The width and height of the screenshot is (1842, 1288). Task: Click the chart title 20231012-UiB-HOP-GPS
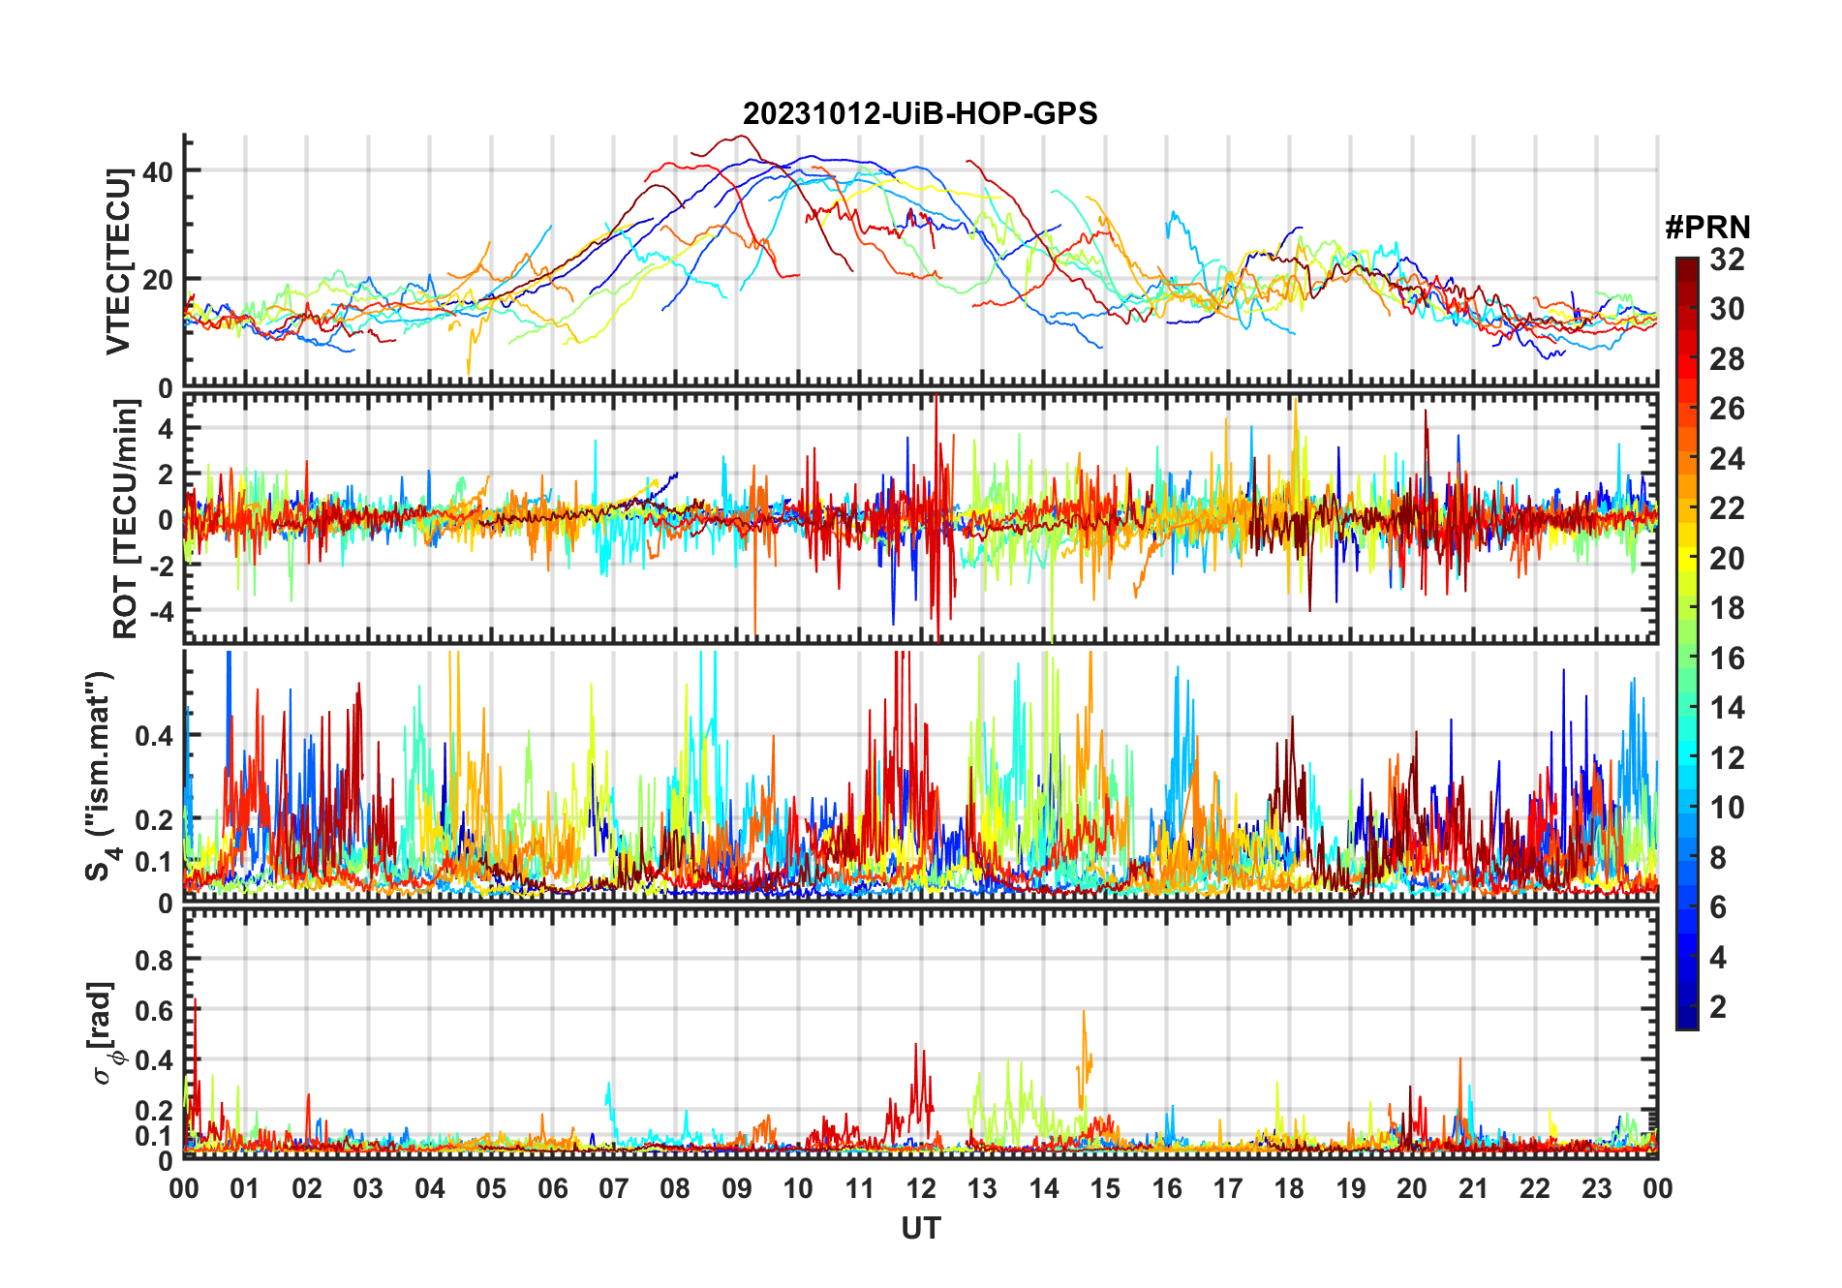920,113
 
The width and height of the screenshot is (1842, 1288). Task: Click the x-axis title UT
920,1228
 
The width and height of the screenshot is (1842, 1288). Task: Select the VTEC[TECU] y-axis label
118,261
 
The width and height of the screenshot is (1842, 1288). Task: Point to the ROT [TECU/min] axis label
125,519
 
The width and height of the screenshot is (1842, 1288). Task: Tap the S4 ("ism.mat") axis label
101,776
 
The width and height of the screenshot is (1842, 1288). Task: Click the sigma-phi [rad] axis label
103,1032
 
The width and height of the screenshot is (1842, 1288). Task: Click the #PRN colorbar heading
1707,228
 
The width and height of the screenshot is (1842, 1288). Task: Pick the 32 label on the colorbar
1727,260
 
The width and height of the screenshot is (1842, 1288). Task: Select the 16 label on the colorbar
1727,659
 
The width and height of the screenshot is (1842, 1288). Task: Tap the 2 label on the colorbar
1718,1007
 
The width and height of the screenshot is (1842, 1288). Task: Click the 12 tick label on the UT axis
920,1188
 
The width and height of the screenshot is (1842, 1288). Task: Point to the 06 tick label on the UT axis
552,1188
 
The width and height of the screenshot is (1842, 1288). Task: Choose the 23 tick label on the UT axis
1596,1188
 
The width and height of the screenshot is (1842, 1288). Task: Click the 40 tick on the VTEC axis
158,171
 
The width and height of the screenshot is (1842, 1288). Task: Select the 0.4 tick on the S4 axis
155,736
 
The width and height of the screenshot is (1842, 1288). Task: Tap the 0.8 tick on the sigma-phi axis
155,960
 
